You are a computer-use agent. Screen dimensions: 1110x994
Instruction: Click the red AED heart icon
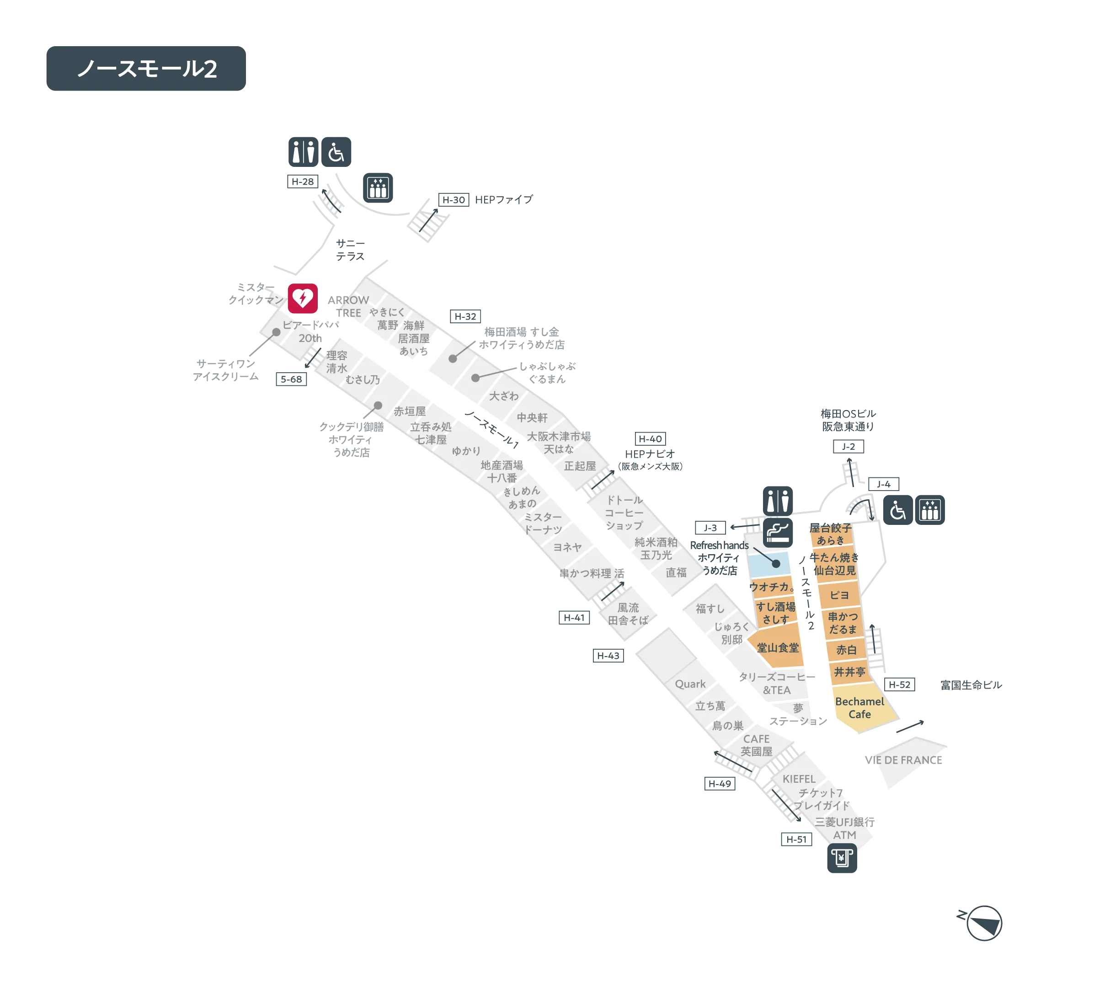303,298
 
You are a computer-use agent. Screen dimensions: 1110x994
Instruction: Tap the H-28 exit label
303,182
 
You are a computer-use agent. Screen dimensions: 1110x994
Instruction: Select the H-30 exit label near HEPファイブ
454,200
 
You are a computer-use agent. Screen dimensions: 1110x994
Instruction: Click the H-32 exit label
465,316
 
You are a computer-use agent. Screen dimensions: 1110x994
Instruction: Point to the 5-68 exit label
291,379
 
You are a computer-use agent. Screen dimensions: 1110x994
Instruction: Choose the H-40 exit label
650,438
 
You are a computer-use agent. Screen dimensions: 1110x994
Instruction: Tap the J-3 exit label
710,528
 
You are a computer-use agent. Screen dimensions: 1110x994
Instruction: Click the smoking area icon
778,533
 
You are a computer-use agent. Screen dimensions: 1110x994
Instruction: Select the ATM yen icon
842,858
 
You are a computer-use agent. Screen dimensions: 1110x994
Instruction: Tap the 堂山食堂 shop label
778,648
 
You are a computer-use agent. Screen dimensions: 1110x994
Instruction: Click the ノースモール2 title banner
146,68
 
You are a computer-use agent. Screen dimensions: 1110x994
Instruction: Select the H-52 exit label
899,684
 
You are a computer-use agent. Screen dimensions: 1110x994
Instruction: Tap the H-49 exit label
720,784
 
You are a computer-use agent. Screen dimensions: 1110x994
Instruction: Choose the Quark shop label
690,684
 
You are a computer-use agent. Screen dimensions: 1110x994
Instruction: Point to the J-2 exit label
849,446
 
